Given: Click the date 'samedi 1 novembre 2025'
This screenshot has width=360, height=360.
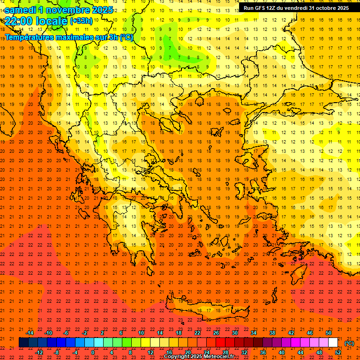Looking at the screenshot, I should point(59,10).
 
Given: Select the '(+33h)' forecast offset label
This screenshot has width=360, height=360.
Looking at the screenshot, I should point(81,21).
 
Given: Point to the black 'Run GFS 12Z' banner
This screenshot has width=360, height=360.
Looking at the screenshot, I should point(296,8).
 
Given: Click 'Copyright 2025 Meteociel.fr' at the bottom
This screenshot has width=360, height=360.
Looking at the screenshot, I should point(199,357).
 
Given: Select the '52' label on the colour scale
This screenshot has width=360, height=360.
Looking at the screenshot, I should point(338,352).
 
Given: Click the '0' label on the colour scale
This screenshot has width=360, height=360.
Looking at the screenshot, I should point(93,352).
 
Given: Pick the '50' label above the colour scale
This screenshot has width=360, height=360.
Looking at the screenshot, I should point(329,333).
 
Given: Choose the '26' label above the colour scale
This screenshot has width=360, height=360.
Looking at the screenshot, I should point(216,333).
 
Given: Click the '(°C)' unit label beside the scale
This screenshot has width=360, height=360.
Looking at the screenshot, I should point(349,343).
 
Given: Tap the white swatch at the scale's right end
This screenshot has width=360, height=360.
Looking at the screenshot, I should point(333,343).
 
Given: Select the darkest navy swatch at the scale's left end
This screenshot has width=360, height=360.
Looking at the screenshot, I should point(24,343).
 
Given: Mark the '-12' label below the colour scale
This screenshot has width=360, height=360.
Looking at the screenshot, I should point(39,352).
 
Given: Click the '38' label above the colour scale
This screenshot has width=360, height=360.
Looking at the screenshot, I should point(272,333).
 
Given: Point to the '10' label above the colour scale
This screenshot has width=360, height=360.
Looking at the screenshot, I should point(141,333).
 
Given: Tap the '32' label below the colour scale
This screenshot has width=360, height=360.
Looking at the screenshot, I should point(244,352).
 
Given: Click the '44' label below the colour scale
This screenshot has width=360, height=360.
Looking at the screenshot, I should point(300,352).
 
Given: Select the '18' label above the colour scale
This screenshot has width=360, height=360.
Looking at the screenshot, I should point(179,333).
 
